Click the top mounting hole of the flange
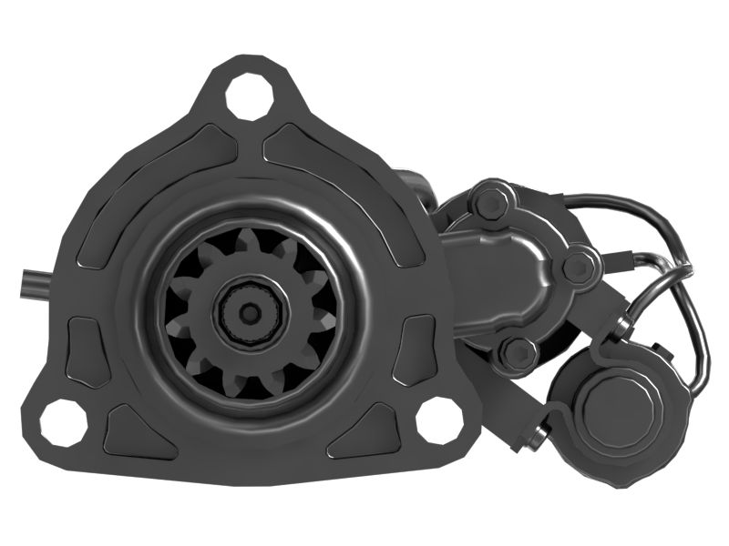tap(248, 97)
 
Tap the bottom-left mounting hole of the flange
tap(64, 421)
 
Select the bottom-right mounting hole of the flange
tap(439, 420)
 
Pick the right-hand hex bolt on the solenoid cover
tap(580, 267)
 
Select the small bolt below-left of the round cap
tap(536, 438)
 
